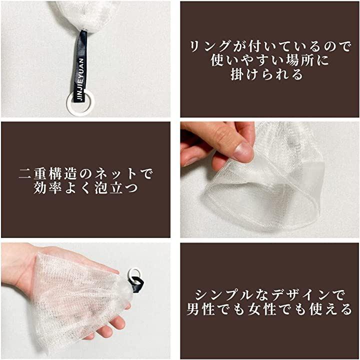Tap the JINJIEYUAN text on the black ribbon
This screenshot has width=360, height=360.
coord(80,79)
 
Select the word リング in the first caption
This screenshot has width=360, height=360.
coord(210,46)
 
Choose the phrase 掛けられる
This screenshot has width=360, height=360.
coord(267,74)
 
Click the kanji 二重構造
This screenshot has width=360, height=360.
coord(48,174)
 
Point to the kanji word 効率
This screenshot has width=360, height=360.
coord(48,188)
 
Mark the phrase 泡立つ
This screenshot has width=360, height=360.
coord(116,188)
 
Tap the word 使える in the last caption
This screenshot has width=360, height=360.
coord(330,309)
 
